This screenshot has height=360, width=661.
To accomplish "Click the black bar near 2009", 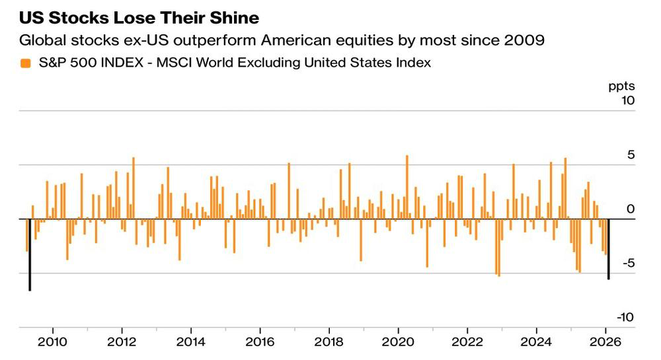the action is [x=30, y=255].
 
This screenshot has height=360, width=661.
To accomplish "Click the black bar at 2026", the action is [x=608, y=249].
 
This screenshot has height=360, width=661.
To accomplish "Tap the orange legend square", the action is [x=26, y=63].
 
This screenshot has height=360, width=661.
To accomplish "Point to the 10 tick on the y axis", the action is [x=628, y=100].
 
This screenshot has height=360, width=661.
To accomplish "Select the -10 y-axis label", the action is [x=625, y=317].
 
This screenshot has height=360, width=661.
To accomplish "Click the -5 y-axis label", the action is [x=629, y=263].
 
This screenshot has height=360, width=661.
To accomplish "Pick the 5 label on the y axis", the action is [x=631, y=155].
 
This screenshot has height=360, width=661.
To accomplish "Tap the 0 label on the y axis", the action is [x=631, y=209].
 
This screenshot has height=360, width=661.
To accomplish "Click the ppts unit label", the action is [x=621, y=87].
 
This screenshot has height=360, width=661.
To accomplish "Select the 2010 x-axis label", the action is [x=52, y=342].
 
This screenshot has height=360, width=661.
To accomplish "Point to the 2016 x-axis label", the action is [x=260, y=342].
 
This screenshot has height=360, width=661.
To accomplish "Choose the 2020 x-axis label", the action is [x=397, y=342].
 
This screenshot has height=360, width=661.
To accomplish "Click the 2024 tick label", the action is [x=536, y=342].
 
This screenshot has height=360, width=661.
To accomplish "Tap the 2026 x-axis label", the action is [x=605, y=342].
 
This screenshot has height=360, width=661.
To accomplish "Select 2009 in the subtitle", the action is [x=524, y=40].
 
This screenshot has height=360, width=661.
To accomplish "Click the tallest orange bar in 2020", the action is [x=407, y=187].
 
